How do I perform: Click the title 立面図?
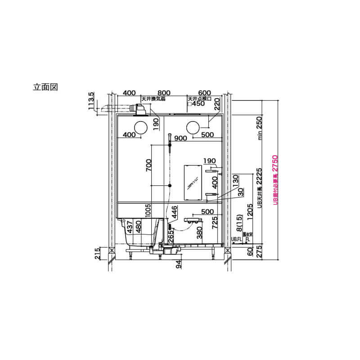click(x=46, y=86)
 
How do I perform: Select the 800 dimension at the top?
click(x=157, y=93)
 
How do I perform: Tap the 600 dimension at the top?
click(x=204, y=93)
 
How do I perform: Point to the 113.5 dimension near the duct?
click(x=92, y=101)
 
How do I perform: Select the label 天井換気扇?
click(x=154, y=98)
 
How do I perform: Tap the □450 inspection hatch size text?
click(x=196, y=103)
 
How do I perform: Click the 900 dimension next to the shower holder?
click(x=181, y=138)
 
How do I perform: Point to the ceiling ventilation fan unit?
click(x=140, y=109)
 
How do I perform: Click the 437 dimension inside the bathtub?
click(x=130, y=228)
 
